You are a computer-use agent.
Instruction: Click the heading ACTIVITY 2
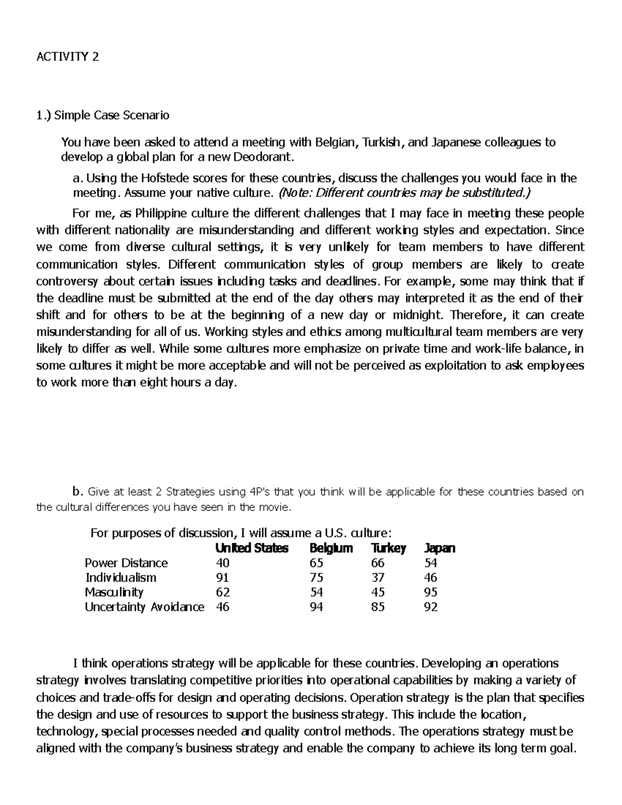(67, 57)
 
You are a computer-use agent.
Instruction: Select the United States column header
(252, 548)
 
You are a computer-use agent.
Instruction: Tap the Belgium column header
(331, 548)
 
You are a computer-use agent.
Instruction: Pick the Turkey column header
(388, 548)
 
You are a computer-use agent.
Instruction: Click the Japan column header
(440, 548)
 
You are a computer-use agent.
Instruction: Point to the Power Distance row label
(126, 563)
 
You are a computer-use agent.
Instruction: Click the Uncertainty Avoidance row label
(144, 607)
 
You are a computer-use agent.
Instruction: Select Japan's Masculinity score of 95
(430, 592)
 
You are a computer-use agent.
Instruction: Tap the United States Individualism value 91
(222, 578)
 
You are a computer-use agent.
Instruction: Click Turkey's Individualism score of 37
(377, 578)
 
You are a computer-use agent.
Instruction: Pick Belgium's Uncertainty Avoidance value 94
(316, 607)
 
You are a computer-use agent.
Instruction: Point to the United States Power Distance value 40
(223, 563)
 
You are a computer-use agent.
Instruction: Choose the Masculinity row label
(114, 592)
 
